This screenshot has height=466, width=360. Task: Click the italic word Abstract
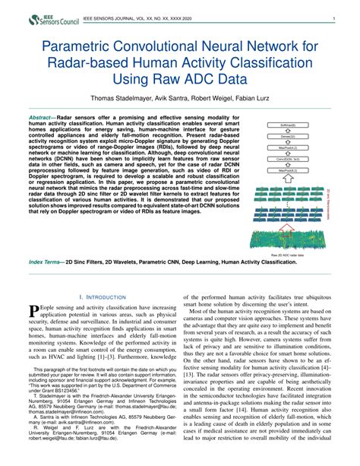[x=41, y=119]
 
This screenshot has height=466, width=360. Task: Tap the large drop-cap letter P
[x=33, y=311]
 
